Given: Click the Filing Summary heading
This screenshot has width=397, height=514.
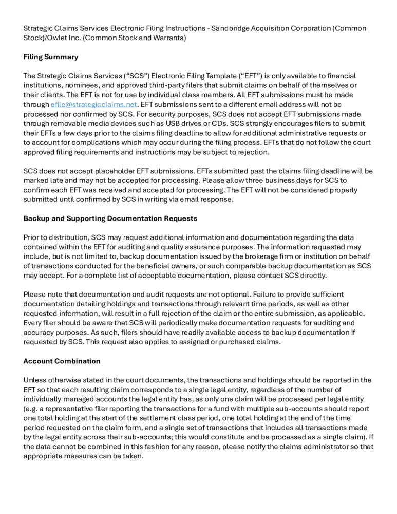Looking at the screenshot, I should pos(51,57).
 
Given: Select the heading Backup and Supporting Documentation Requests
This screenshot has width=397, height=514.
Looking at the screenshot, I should pos(110,218).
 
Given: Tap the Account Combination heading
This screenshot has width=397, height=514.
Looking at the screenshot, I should pos(62,361).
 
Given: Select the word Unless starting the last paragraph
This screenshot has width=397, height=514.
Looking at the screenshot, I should pos(35,380).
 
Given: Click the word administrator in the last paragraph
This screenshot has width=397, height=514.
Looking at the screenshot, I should pos(308,437).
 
